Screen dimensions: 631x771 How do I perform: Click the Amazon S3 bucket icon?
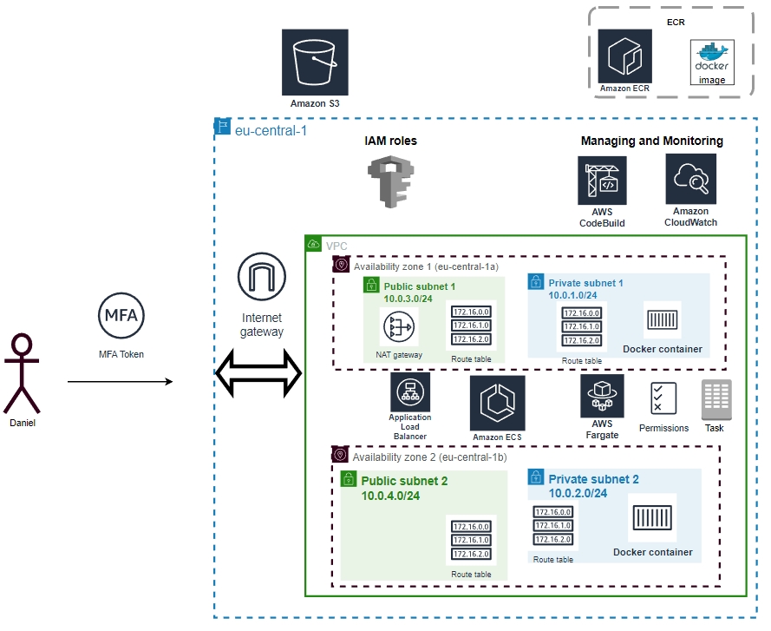pyautogui.click(x=315, y=62)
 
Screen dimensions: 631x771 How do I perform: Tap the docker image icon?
pyautogui.click(x=712, y=62)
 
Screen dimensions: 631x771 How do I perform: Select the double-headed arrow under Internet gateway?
pyautogui.click(x=258, y=374)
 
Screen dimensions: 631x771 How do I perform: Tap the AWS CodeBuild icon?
pyautogui.click(x=602, y=181)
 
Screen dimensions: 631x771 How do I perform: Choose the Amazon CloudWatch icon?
pyautogui.click(x=691, y=179)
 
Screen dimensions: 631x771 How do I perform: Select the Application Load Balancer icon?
pyautogui.click(x=409, y=392)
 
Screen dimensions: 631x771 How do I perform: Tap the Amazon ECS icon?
pyautogui.click(x=497, y=403)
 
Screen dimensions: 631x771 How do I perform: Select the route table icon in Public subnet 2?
pyautogui.click(x=471, y=540)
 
